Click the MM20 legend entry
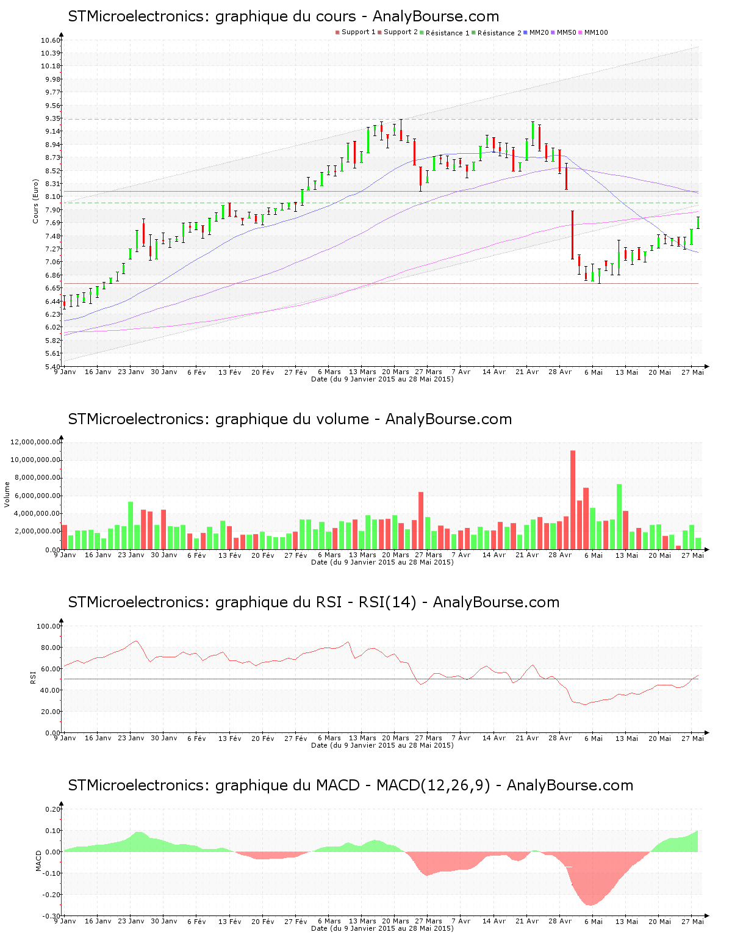539,32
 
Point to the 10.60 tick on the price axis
51,40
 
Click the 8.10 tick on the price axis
52,197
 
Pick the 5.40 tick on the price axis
52,366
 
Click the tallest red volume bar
573,499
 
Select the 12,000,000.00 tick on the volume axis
36,442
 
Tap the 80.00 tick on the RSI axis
49,648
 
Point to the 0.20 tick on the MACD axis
53,809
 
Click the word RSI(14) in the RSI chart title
387,602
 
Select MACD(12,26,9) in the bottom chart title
433,785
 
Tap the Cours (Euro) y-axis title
35,201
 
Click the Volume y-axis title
7,494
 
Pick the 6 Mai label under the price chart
593,372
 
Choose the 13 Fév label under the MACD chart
230,921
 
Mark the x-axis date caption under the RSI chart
382,745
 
